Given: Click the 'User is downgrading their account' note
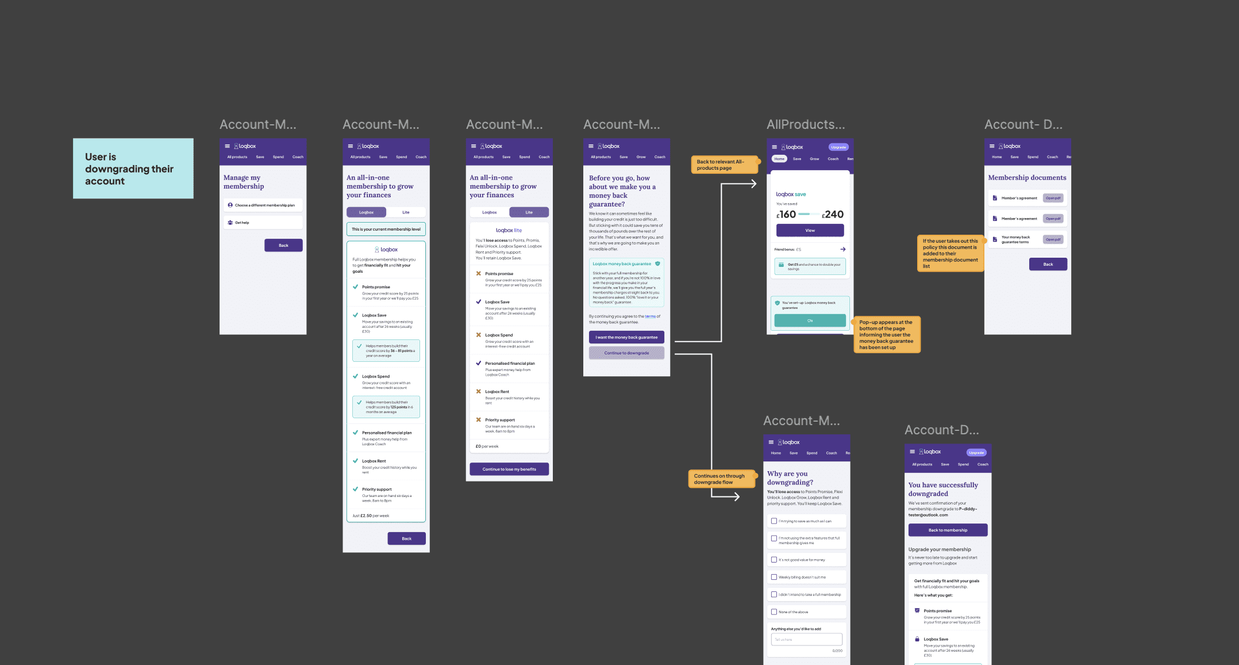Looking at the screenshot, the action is coord(133,169).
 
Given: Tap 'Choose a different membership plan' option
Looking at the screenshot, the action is coord(263,205).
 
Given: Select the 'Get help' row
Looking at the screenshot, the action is coord(263,223).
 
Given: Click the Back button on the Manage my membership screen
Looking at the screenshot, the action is coord(283,246).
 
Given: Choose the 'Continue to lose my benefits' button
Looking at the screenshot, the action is coord(509,469).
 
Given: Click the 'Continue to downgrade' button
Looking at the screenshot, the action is coord(626,353).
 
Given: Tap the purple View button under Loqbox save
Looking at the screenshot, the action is coord(810,231).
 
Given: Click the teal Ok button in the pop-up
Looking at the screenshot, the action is coord(810,321).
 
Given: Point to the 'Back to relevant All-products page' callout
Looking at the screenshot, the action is coord(724,165).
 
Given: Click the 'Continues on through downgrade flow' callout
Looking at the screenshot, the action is coord(721,479).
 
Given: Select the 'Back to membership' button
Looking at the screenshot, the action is coord(948,530).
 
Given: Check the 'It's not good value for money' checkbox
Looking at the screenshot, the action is coord(774,560).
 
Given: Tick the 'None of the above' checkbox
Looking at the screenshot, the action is coord(774,612).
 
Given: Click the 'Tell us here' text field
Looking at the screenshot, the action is coord(806,640).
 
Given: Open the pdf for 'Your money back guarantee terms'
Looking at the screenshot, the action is coord(1053,240).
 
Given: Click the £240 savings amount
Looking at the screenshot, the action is coord(833,215).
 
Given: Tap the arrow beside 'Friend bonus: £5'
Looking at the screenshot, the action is coord(842,250).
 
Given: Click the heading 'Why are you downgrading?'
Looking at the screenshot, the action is coord(790,478).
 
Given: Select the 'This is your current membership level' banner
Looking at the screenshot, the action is coord(386,230).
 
